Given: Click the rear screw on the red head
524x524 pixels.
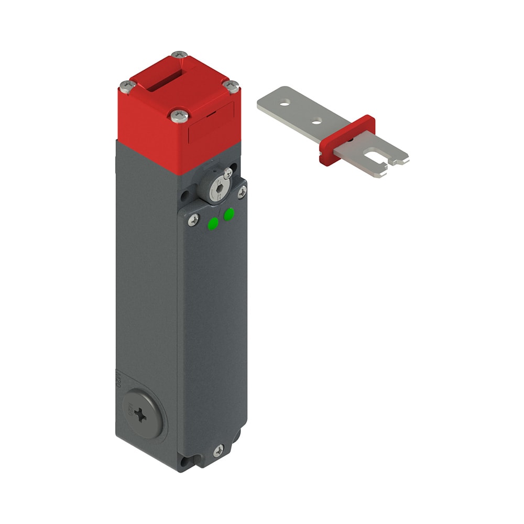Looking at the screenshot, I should point(180,54).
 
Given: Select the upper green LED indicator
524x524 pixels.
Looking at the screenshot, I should point(229,214).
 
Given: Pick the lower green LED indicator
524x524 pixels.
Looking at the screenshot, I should point(212,224).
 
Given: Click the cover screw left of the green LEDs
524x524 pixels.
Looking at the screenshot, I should point(193,220).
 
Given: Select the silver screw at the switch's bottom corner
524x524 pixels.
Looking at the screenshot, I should point(219,450).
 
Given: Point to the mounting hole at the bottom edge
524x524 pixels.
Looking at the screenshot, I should point(185,463).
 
